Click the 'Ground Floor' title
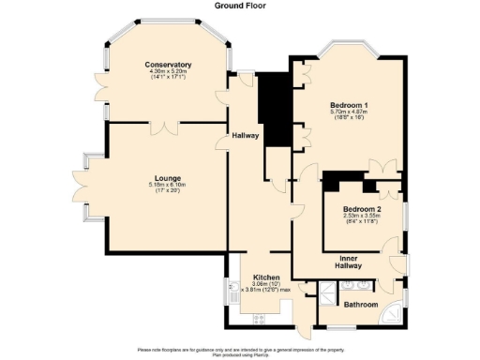coord(239,6)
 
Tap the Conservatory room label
coord(168,65)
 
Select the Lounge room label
coord(168,178)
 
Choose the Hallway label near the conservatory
coord(245,135)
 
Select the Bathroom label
coord(360,305)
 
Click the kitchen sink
coord(231,298)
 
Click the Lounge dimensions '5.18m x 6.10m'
coord(168,186)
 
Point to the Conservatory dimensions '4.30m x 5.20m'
coord(168,71)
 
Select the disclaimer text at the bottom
coord(239,352)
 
